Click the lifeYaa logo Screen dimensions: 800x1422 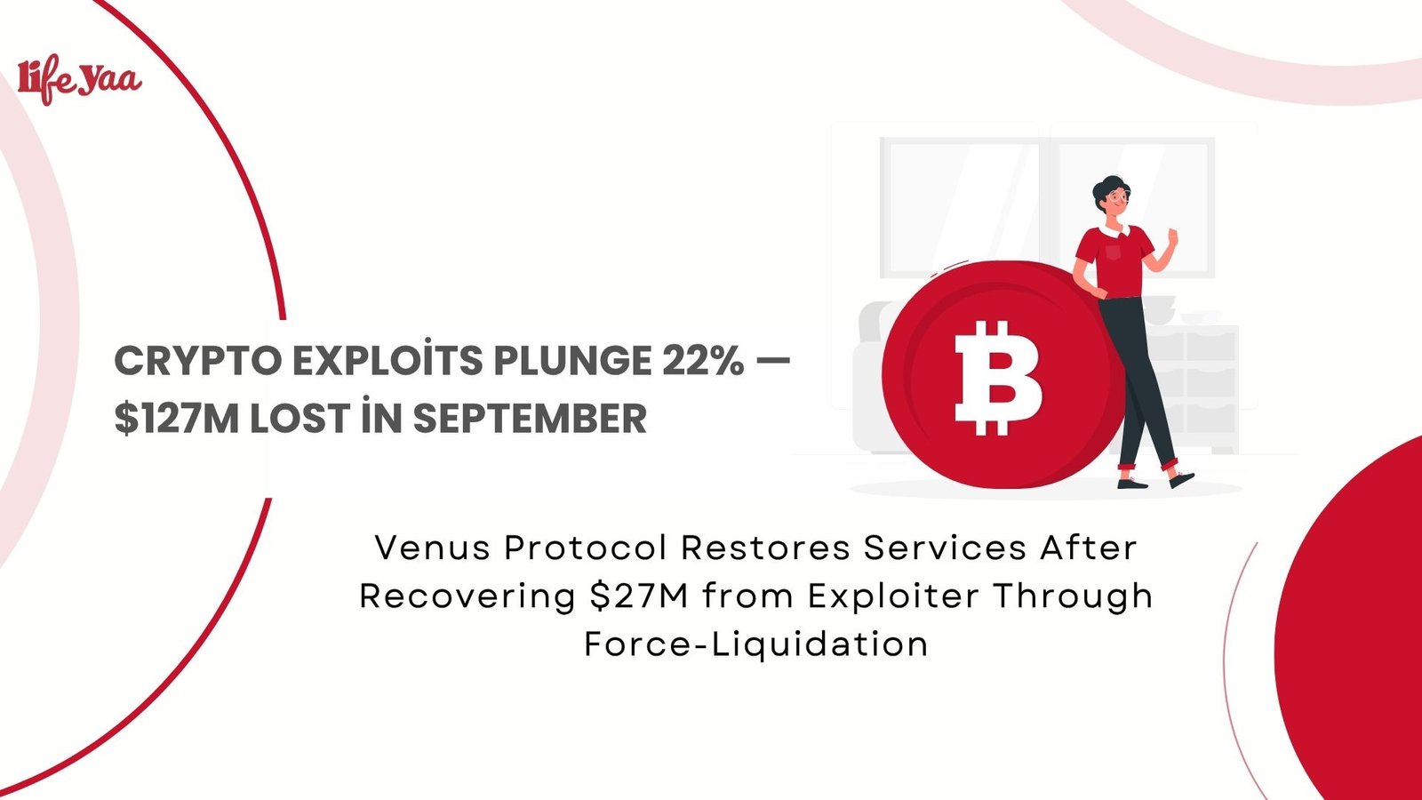pyautogui.click(x=79, y=79)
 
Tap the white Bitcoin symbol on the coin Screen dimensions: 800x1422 pyautogui.click(x=997, y=377)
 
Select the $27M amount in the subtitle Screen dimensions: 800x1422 pyautogui.click(x=639, y=596)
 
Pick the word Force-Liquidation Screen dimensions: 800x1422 pyautogui.click(x=755, y=644)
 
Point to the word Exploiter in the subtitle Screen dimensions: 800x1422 pyautogui.click(x=893, y=596)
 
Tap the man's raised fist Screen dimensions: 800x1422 pyautogui.click(x=1172, y=238)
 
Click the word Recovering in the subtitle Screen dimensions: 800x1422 pyautogui.click(x=467, y=596)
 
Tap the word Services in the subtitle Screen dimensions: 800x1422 pyautogui.click(x=945, y=548)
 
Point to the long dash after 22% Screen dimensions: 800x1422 pyautogui.click(x=771, y=362)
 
